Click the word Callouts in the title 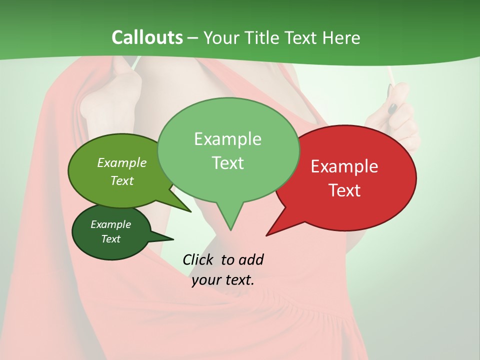(x=147, y=37)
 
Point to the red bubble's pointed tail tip (x=266, y=235)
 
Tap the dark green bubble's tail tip (x=173, y=239)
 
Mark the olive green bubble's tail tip (x=190, y=211)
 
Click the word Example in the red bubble (x=344, y=166)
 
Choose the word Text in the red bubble (x=344, y=190)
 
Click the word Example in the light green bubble (x=227, y=139)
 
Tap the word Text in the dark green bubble (x=111, y=239)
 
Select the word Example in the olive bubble (x=121, y=162)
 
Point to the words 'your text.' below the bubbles (x=223, y=280)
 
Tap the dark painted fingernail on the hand (x=393, y=107)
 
